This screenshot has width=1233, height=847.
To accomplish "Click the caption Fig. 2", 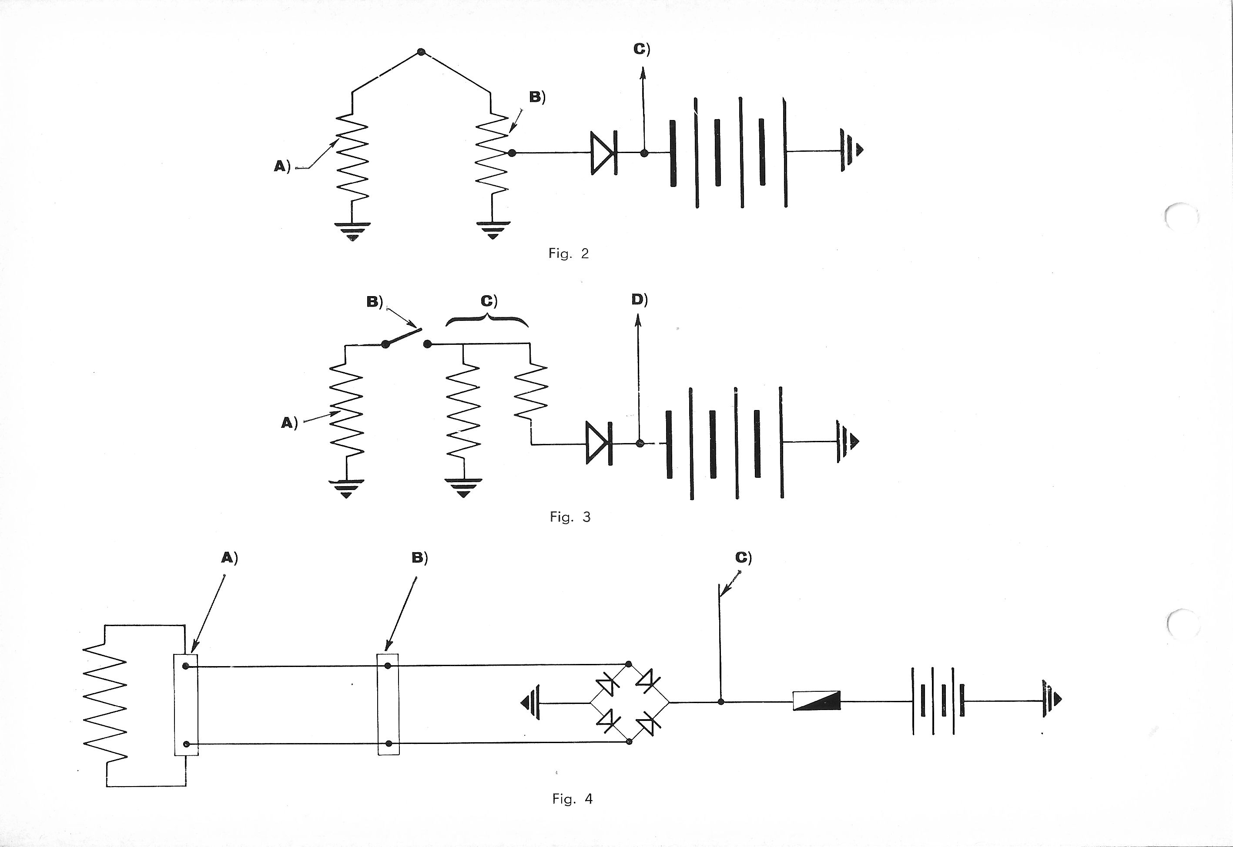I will tap(568, 253).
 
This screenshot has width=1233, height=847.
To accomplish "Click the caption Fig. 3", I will tap(570, 517).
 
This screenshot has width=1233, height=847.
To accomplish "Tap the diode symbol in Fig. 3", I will tap(599, 443).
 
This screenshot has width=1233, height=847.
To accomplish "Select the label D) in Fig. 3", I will tap(639, 300).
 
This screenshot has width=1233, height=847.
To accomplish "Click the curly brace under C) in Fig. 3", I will tap(487, 320).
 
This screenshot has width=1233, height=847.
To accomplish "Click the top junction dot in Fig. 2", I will tap(421, 52).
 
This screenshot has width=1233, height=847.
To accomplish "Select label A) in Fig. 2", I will tap(282, 167).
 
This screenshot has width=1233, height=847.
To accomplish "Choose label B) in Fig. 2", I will tap(537, 97).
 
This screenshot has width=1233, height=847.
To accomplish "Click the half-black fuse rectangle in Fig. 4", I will tap(816, 700).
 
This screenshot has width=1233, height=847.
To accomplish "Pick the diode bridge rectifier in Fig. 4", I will tap(629, 703).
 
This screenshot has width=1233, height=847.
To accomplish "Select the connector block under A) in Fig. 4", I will tap(186, 705).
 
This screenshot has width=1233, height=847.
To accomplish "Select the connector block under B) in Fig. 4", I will tap(388, 704).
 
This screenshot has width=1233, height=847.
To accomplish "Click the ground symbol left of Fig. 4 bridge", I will tap(531, 703).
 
